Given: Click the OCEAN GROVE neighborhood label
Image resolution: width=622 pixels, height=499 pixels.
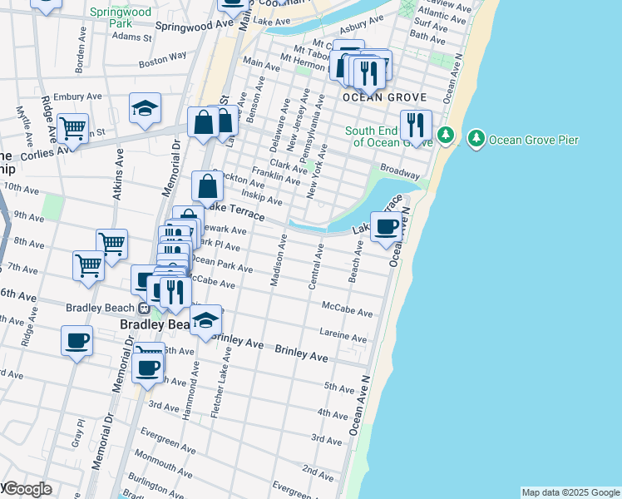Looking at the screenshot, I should point(385,97).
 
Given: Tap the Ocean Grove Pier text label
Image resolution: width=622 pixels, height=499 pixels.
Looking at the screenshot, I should point(534,140).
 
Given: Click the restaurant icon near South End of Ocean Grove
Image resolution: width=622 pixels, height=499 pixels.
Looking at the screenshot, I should point(415,126).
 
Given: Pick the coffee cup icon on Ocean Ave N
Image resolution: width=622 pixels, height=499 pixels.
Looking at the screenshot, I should point(386,226).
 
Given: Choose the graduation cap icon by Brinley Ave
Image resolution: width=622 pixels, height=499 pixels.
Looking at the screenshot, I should point(205,319).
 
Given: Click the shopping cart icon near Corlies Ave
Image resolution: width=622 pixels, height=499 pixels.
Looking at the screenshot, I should point(73,128).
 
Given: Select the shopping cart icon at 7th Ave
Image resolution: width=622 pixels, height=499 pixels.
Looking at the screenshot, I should point(88,265).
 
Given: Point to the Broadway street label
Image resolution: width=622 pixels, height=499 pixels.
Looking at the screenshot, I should point(400,170).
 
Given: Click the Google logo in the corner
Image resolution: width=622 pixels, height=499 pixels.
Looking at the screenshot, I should point(27,489).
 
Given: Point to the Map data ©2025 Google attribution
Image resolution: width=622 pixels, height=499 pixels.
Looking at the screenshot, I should point(570,492).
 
